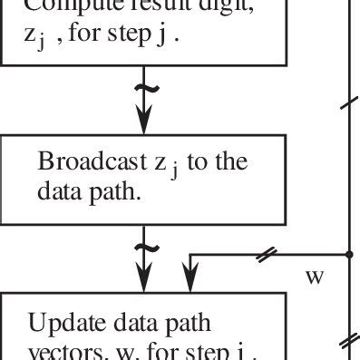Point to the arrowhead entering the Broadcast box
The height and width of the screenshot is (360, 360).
click(142, 126)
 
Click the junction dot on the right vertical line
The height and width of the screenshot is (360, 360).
click(348, 255)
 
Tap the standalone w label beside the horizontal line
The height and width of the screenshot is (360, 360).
click(315, 276)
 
